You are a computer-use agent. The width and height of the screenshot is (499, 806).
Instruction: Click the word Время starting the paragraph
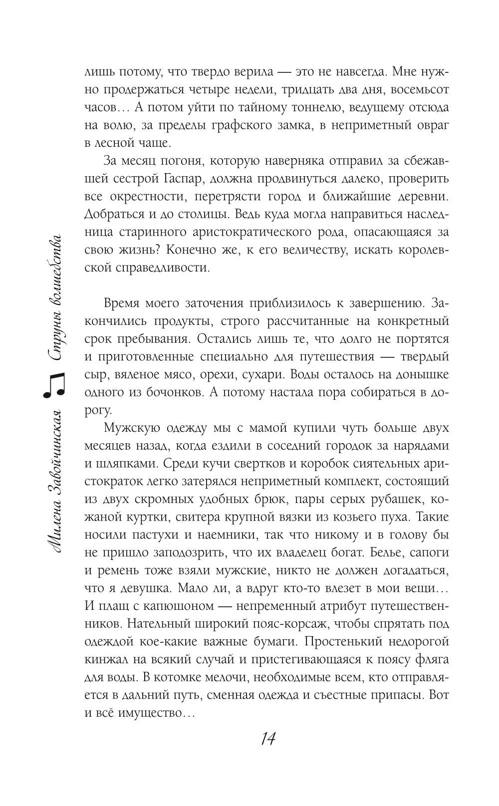[x=125, y=303]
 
